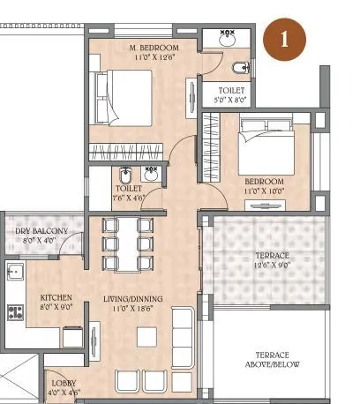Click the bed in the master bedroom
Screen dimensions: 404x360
coord(122,99)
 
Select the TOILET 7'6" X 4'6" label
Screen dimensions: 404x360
coord(130,193)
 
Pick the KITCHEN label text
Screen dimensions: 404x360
coord(56,298)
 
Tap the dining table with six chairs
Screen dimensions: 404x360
coord(125,244)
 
